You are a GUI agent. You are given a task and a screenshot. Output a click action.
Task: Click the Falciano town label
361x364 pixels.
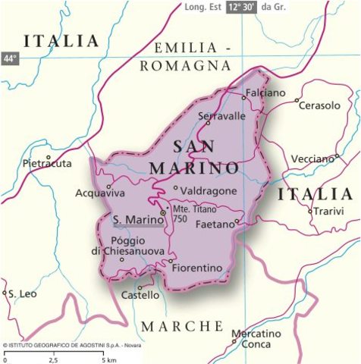tap(265, 93)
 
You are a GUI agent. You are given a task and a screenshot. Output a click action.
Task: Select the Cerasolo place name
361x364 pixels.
tap(319, 105)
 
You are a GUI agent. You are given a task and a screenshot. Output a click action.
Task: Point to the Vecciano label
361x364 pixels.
tap(312, 158)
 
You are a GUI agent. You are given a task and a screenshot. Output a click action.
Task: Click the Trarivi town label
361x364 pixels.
tap(328, 211)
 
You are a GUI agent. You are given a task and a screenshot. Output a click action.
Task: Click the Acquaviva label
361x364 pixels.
tap(100, 193)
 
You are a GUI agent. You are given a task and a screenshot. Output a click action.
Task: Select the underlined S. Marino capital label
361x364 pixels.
tap(136, 221)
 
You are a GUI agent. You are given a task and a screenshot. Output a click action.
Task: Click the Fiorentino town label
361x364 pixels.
tap(197, 268)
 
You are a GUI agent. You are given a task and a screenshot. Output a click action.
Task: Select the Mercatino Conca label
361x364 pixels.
tap(256, 338)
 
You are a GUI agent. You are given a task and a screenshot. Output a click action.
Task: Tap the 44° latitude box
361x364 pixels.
tap(9, 58)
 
